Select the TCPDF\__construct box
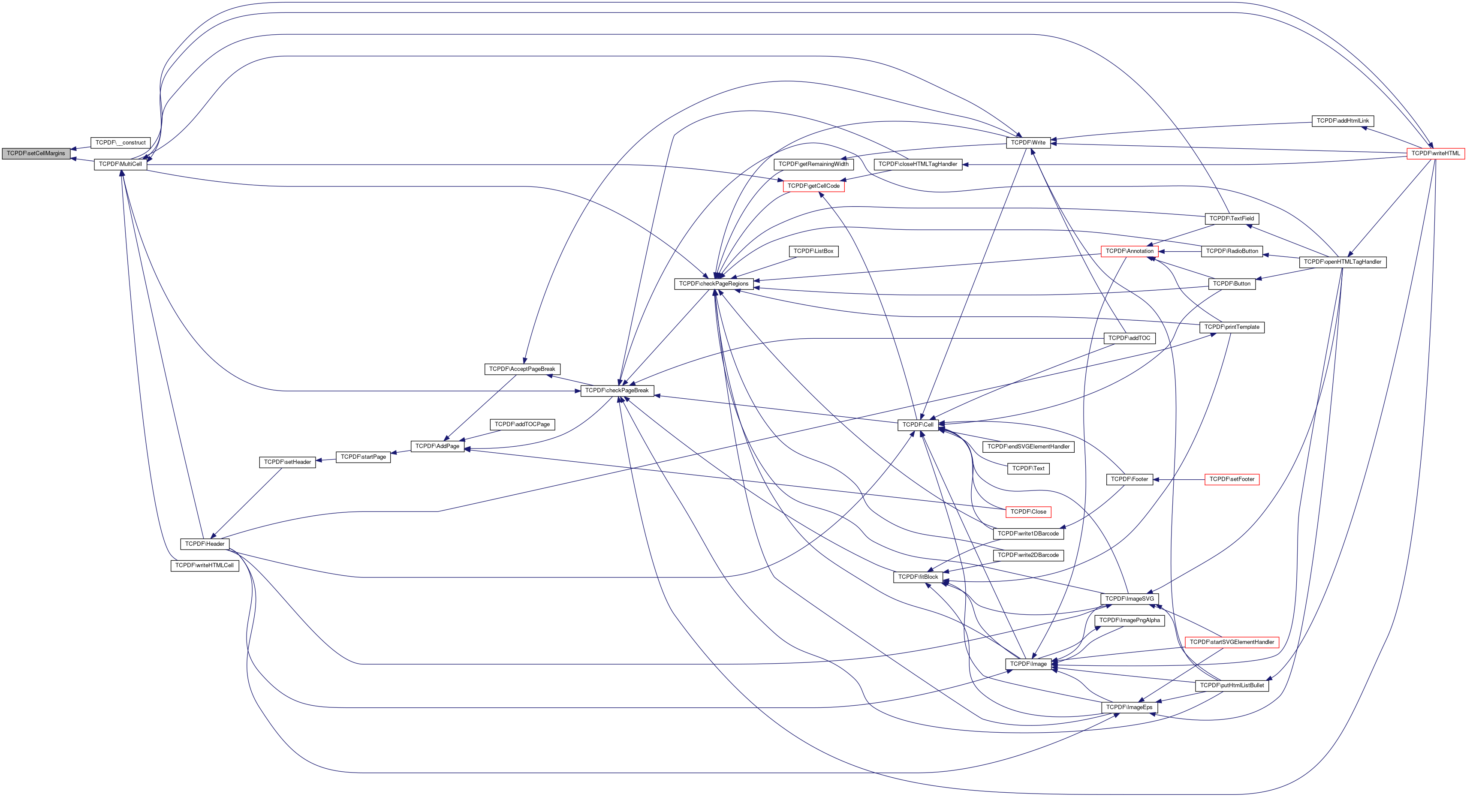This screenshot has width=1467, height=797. click(120, 143)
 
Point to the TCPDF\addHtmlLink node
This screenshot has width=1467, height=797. click(1342, 121)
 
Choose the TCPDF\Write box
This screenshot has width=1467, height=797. click(1028, 143)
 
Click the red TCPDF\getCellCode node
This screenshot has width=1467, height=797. click(813, 186)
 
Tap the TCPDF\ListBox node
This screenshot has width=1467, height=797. click(813, 251)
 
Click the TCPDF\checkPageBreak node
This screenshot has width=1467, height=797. click(617, 391)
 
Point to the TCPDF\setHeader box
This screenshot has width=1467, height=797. click(288, 462)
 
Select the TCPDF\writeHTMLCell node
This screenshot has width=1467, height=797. click(205, 566)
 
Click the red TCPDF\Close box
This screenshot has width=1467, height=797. click(1028, 512)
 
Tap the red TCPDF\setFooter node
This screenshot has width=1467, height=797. click(1231, 479)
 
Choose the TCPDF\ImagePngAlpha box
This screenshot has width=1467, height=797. click(1129, 620)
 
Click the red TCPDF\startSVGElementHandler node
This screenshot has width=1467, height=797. click(1231, 642)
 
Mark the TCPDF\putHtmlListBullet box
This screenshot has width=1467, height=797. click(1231, 686)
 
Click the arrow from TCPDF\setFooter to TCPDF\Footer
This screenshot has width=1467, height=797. click(1179, 480)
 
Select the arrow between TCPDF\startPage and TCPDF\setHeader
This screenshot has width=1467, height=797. click(326, 460)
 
